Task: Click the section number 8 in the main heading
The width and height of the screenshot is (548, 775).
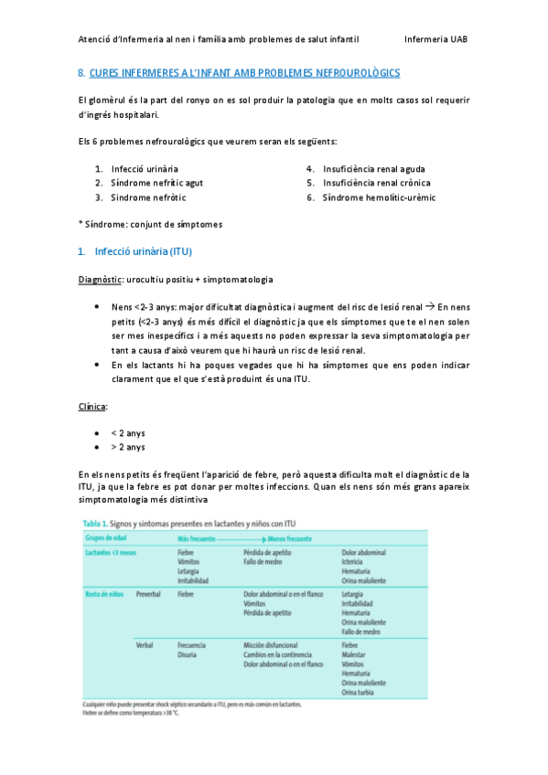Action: (x=81, y=72)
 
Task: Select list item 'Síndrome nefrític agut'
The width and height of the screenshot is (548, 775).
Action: (x=156, y=183)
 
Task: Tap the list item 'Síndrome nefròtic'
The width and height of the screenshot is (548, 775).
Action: (x=148, y=196)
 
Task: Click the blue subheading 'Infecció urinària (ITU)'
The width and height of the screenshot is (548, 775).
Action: (x=143, y=251)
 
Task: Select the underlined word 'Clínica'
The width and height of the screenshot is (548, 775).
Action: (x=93, y=405)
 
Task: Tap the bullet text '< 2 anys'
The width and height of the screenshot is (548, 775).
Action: (x=128, y=432)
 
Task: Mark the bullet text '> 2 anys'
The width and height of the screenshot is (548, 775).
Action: (x=128, y=447)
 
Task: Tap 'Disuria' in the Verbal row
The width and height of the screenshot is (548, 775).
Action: (x=190, y=655)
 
